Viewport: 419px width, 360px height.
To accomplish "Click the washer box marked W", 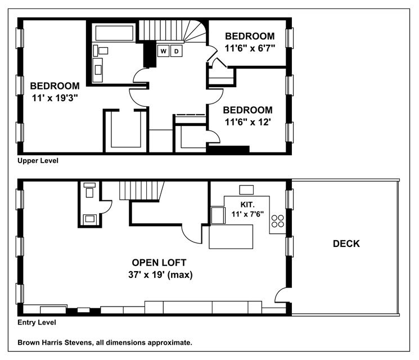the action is [x=163, y=51].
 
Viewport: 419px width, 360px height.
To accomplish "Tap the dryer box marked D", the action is [x=177, y=51].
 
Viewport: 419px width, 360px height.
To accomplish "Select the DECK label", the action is [x=346, y=244].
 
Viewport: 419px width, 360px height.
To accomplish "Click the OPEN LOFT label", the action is [x=159, y=263].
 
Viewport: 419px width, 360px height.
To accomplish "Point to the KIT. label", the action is [x=247, y=205].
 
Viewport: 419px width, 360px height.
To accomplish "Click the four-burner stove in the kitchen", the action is [x=278, y=221].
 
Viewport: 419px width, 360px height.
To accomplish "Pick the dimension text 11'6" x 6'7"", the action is [x=250, y=48].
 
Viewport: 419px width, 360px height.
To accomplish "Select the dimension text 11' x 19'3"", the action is [x=55, y=98].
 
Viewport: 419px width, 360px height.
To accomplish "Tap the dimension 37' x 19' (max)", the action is [x=160, y=274].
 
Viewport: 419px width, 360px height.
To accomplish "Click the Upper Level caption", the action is [x=38, y=161].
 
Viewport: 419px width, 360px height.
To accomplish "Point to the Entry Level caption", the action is [x=37, y=322].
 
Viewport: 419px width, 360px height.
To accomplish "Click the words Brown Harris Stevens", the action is [x=55, y=343].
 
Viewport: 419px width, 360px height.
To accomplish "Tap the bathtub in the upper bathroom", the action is [x=114, y=33].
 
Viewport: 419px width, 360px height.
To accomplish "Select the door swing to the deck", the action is [x=280, y=295].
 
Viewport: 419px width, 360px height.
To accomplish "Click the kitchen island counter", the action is [x=231, y=237].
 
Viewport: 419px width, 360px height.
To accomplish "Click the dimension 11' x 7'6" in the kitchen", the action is [x=247, y=214].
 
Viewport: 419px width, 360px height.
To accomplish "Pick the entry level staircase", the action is [x=141, y=191].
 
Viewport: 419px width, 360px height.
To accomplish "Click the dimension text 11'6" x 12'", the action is [x=248, y=122].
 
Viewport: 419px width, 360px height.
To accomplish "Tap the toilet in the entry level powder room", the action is [x=89, y=190].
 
